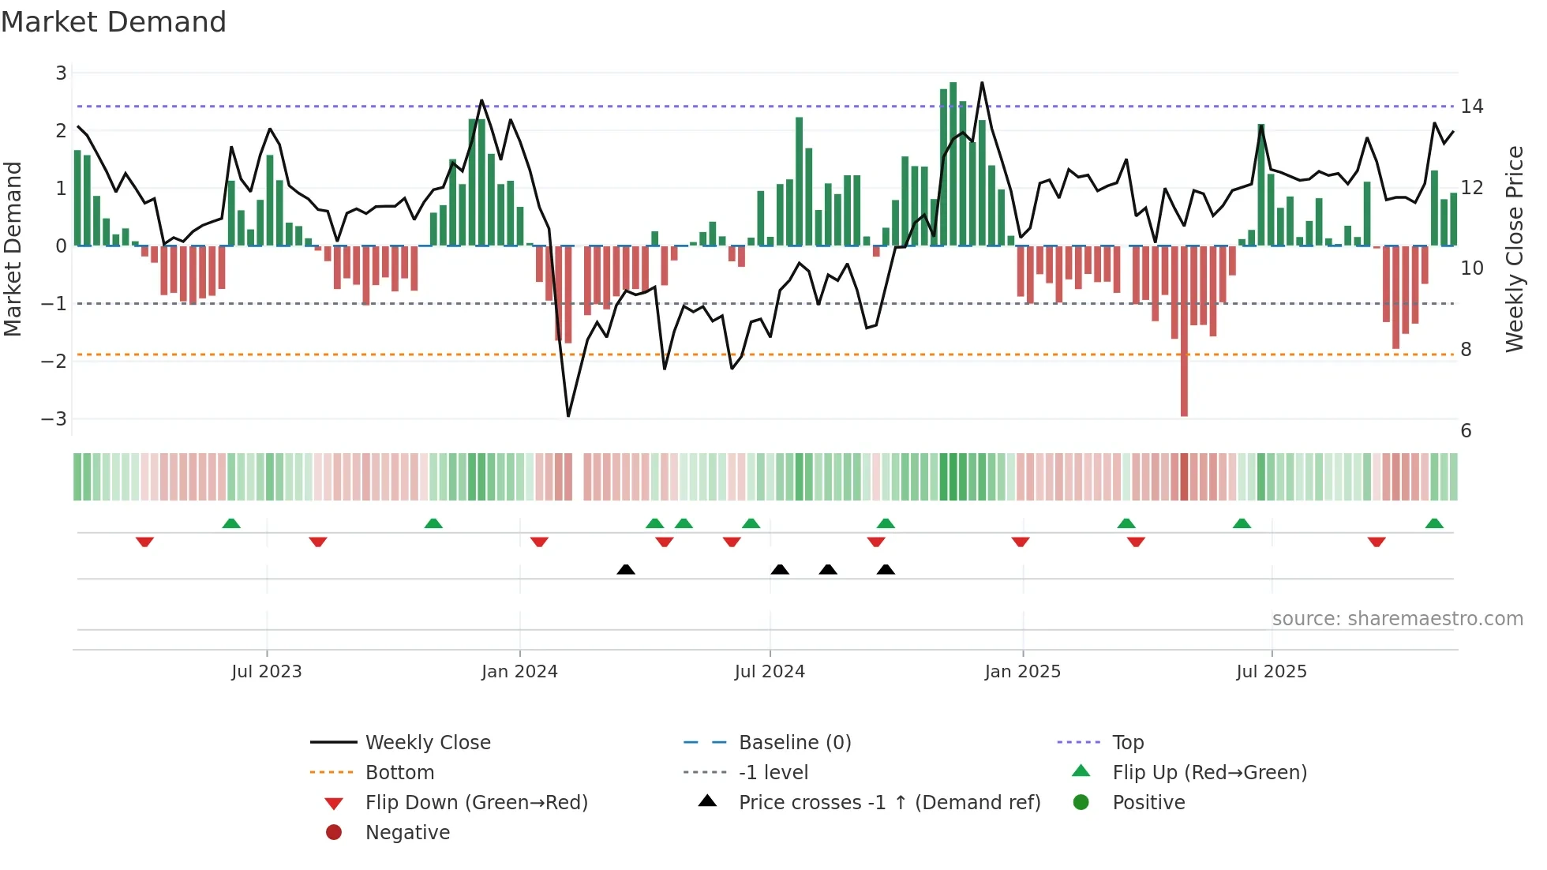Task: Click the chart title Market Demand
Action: [x=114, y=22]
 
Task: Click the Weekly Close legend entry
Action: [x=427, y=742]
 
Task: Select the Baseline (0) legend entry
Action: [x=794, y=742]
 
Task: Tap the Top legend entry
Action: [x=1127, y=742]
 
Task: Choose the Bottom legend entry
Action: [x=399, y=772]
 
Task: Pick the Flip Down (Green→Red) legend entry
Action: [x=476, y=802]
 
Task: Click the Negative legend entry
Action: [x=407, y=832]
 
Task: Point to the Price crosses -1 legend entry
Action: [x=889, y=802]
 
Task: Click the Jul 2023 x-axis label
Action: [x=266, y=671]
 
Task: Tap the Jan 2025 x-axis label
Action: [x=1022, y=671]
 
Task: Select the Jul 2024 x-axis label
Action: [x=770, y=671]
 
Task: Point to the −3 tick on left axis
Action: [x=54, y=418]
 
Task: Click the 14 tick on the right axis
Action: [x=1471, y=106]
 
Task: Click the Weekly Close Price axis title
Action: [x=1514, y=249]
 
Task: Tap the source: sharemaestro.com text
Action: [x=1397, y=618]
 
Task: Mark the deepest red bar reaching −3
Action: [x=1184, y=332]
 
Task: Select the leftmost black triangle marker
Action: [x=626, y=569]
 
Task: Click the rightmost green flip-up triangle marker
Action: [x=1434, y=523]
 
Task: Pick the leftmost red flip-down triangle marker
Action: [x=144, y=542]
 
